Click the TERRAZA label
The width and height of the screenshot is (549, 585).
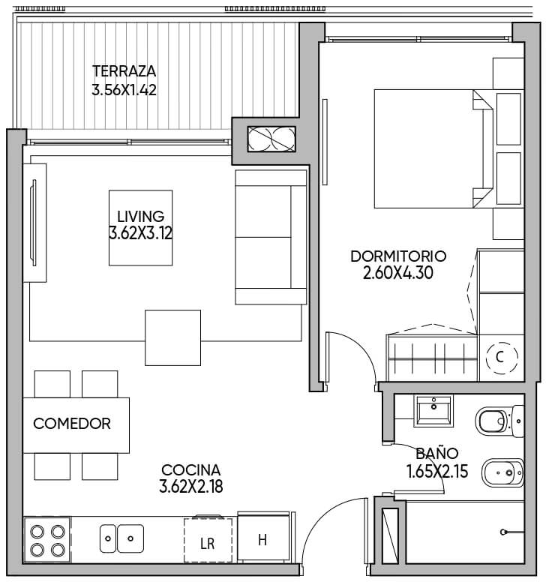pos(124,71)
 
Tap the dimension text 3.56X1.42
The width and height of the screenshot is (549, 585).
pos(124,90)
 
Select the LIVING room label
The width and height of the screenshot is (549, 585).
pos(140,217)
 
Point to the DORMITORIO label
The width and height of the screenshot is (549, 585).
pos(398,256)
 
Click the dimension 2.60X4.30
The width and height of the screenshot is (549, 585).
pos(398,273)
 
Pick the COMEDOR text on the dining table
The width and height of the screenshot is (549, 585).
pos(72,424)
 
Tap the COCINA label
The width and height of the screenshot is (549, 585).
pos(191,469)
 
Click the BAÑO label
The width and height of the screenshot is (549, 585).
pos(437,453)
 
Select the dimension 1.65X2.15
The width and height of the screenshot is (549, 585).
pos(437,472)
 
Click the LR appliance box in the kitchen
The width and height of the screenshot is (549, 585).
pos(208,540)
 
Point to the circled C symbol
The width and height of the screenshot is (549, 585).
pos(502,358)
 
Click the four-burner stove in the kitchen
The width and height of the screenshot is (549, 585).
pos(47,539)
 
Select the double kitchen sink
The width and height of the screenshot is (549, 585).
pos(121,538)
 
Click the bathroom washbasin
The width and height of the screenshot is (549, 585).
pos(433,411)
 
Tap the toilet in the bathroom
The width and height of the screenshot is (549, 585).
pos(499,421)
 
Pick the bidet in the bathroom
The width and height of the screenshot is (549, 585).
pos(503,472)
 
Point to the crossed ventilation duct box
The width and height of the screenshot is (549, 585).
pos(271,139)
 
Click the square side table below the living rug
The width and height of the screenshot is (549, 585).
pos(173,337)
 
